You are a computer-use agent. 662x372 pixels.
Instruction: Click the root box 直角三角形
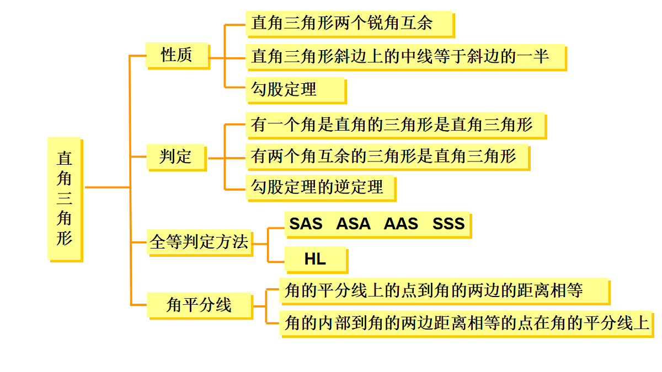(65, 200)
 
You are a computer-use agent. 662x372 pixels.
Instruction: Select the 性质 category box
(178, 56)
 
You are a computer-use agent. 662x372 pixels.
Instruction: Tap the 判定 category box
(177, 158)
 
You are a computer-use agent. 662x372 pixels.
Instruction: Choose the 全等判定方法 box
(200, 242)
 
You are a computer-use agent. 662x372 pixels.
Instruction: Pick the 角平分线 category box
(200, 305)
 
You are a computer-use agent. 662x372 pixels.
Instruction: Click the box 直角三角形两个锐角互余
(350, 24)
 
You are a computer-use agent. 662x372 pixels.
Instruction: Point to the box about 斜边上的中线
(407, 57)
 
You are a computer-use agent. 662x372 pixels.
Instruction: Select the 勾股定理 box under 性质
(296, 90)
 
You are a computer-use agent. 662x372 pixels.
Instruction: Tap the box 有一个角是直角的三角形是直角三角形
(396, 126)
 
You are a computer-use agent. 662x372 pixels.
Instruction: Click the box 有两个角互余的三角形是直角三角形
(388, 157)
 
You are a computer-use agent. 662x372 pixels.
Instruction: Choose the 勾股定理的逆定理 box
(321, 188)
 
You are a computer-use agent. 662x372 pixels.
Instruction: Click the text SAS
(306, 224)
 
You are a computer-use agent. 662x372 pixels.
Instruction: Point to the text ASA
(353, 224)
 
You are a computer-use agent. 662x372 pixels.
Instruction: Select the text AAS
(401, 224)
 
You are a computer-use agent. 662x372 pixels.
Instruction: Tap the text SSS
(449, 224)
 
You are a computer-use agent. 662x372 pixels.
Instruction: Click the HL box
(317, 260)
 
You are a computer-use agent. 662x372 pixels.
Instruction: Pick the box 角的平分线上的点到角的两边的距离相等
(445, 292)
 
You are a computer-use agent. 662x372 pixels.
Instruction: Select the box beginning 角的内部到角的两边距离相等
(467, 324)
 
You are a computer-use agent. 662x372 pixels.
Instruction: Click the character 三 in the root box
(65, 198)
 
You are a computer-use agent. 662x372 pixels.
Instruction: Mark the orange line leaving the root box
(107, 187)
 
